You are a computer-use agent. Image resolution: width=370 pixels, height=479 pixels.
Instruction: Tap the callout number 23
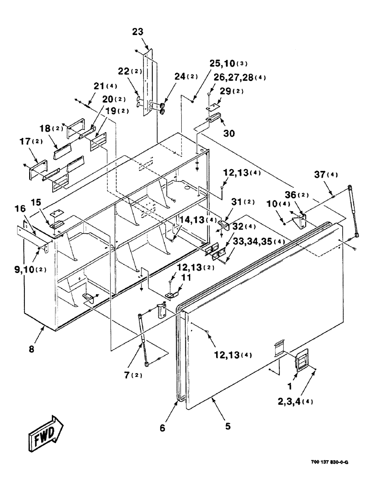pos(138,33)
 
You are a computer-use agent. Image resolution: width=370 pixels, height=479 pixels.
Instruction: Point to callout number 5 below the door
pos(228,425)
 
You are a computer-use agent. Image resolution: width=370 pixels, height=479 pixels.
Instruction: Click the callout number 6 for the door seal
pos(162,428)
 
